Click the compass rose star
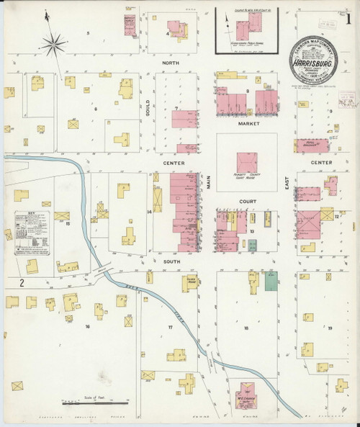pyautogui.click(x=52, y=45)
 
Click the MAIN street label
pyautogui.click(x=210, y=184)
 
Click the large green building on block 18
pyautogui.click(x=270, y=281)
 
